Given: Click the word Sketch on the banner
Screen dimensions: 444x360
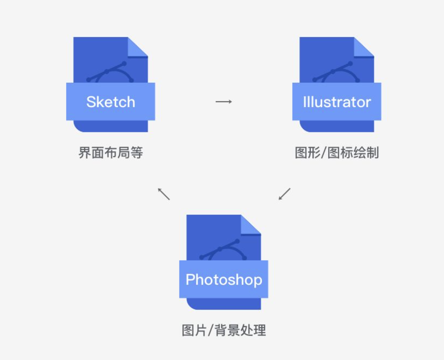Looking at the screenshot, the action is [x=111, y=102].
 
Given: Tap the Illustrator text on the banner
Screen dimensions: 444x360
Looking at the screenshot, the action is [x=337, y=102].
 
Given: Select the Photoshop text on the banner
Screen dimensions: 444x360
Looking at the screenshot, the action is [x=223, y=279].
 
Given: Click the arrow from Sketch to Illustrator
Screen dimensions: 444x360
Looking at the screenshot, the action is [x=224, y=101].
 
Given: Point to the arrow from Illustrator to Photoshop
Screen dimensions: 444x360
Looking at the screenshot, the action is [x=285, y=194].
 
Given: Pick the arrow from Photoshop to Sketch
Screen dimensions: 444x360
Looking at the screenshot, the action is [x=164, y=194].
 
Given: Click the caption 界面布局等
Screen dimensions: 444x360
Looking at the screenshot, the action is [x=111, y=153].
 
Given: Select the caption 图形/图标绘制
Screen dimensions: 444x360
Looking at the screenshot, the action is [x=337, y=153].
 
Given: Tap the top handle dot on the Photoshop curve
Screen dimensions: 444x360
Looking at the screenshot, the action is [x=237, y=241].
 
